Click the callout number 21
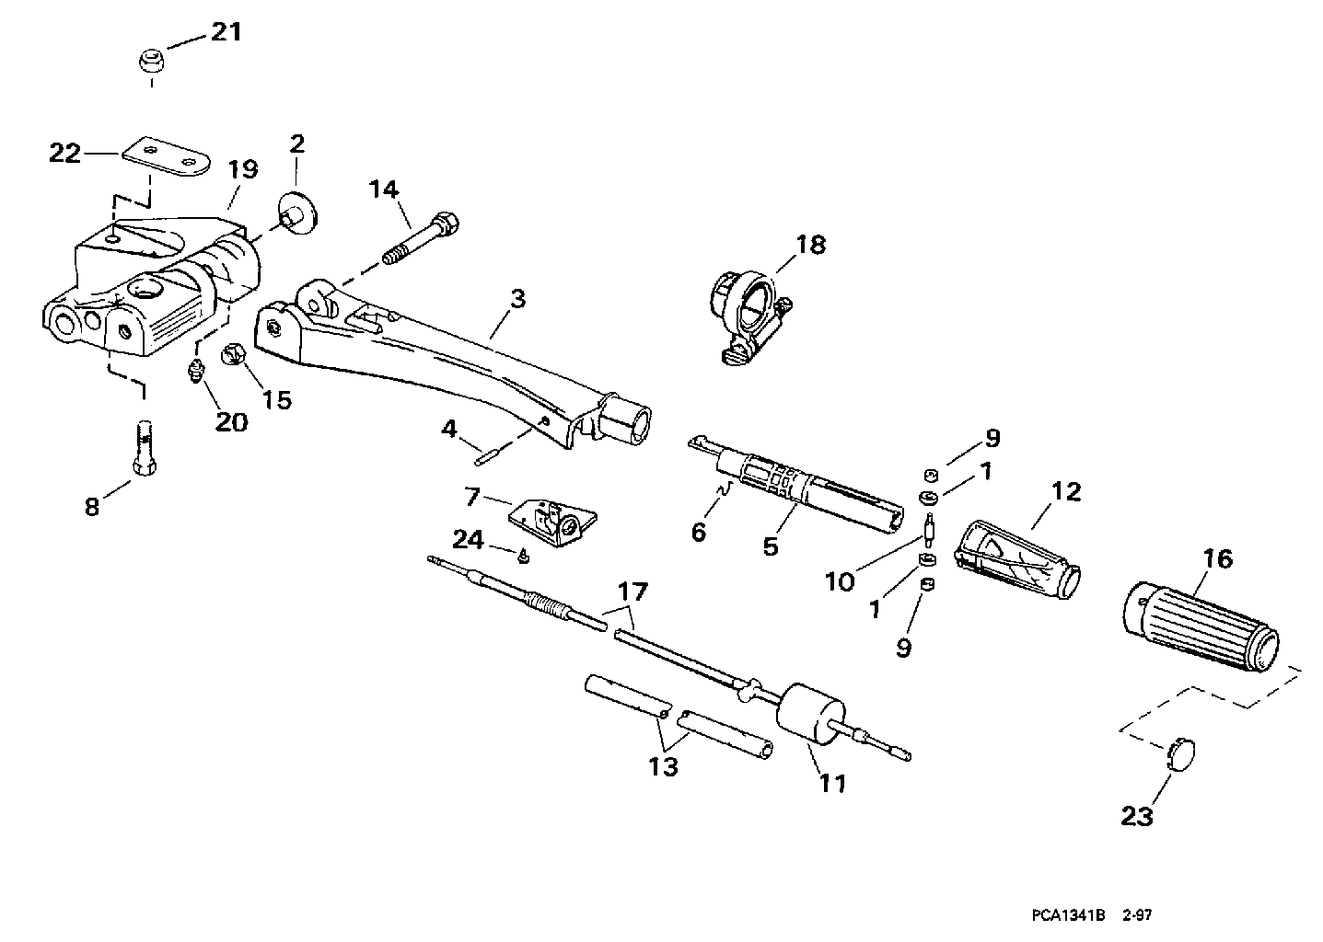[x=226, y=32]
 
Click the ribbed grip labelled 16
[x=1202, y=625]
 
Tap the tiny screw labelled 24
[x=523, y=556]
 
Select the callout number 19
[x=244, y=170]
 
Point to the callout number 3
[x=517, y=299]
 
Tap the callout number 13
[x=664, y=766]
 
